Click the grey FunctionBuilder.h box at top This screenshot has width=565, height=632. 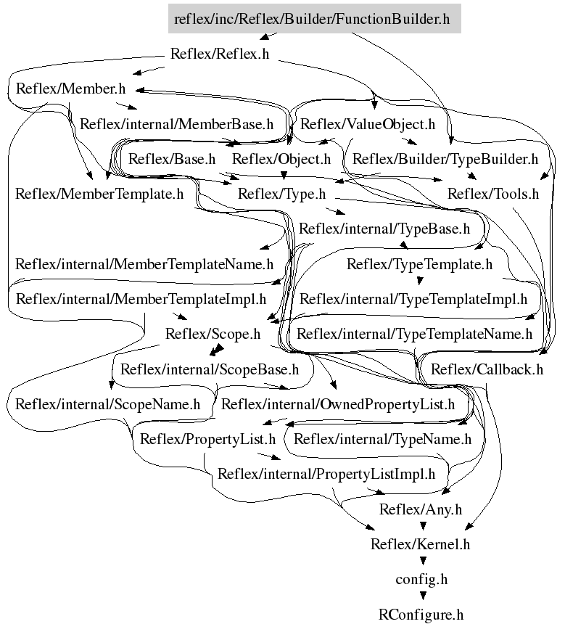click(x=314, y=19)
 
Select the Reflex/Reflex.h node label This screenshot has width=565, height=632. click(x=220, y=54)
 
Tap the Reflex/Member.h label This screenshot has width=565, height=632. click(x=70, y=89)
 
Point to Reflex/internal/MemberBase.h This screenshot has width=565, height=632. click(x=176, y=124)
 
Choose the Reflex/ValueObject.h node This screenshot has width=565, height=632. click(x=368, y=124)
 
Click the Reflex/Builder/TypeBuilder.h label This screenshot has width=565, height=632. click(x=445, y=159)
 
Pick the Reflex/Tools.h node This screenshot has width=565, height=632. click(x=493, y=194)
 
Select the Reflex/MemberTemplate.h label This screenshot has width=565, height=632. click(x=99, y=194)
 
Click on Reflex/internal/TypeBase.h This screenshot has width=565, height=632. click(x=384, y=229)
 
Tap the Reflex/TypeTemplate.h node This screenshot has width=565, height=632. click(x=419, y=264)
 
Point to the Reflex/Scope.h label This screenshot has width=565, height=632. click(x=213, y=334)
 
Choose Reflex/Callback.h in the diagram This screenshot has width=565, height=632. click(x=487, y=369)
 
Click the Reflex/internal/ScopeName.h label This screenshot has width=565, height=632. click(x=107, y=404)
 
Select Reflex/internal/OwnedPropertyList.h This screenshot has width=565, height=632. click(x=338, y=404)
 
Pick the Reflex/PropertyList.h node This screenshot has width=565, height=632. click(x=207, y=439)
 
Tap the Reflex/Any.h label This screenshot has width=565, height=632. click(x=421, y=509)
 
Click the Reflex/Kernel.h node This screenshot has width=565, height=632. click(x=421, y=544)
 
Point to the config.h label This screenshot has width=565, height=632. click(x=421, y=580)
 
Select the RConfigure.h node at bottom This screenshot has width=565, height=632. click(x=421, y=615)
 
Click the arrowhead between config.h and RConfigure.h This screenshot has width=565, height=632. click(x=423, y=595)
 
